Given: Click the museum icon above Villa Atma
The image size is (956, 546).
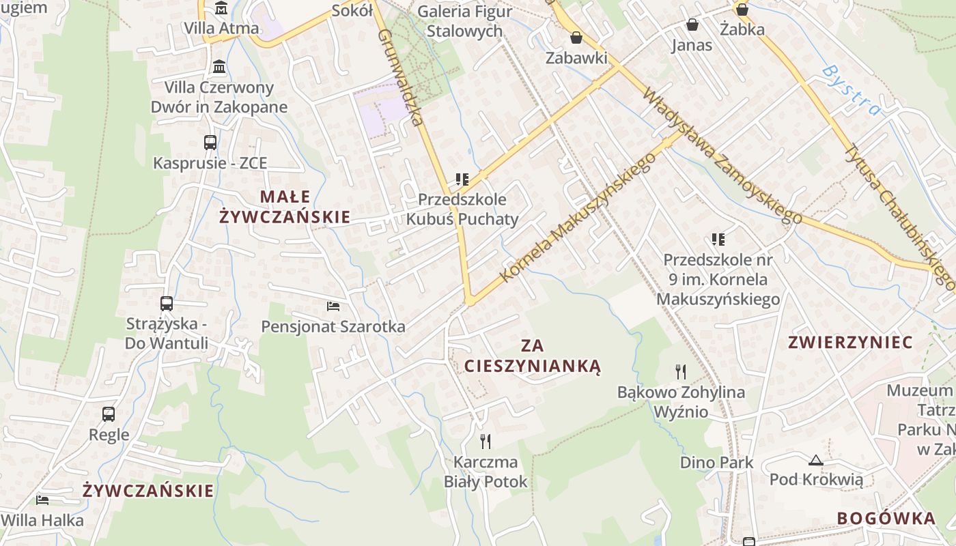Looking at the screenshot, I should click(221, 9).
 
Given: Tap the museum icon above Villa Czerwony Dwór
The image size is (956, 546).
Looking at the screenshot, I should click(219, 68).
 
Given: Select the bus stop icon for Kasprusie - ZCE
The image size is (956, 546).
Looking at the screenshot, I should click(210, 143).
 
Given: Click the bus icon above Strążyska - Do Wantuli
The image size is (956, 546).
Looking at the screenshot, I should click(167, 304).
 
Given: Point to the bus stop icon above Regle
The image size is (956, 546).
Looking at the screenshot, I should click(109, 414).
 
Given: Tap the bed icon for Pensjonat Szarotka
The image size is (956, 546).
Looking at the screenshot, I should click(333, 306).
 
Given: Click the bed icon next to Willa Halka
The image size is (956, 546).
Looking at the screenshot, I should click(42, 500).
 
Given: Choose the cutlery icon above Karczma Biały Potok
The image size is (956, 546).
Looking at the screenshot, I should click(486, 442).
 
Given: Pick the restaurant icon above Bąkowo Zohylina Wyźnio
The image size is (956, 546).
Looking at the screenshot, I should click(681, 372).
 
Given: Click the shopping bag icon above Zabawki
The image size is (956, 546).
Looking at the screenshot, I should click(576, 38).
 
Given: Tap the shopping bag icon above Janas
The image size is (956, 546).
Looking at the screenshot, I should click(692, 25).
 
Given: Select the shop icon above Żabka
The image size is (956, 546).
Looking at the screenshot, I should click(742, 10).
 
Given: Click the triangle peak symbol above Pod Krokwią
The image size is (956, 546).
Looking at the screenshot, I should click(815, 460).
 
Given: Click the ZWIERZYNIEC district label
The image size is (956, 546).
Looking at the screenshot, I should click(850, 343).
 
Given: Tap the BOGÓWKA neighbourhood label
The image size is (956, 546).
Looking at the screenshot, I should click(886, 518).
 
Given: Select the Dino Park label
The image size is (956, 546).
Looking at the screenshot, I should click(716, 463).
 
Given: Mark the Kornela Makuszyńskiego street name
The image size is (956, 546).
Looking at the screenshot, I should click(578, 217).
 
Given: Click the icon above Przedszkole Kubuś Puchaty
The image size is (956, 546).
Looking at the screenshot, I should click(462, 179).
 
